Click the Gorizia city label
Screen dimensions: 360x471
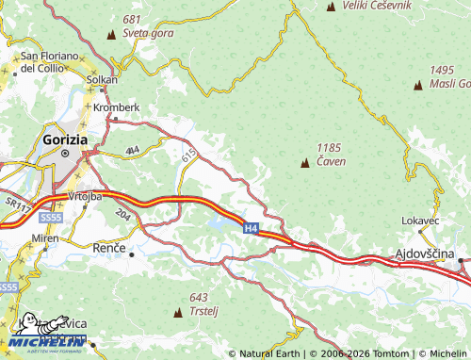[x=65, y=139]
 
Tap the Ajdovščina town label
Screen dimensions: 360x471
[x=423, y=254]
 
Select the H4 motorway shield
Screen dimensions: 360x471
[x=251, y=228]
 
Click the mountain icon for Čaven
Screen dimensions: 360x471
[x=304, y=164]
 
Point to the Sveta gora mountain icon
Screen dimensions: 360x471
[x=112, y=34]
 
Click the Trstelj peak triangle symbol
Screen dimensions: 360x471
[x=179, y=311]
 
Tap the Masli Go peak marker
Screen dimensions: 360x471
[x=417, y=85]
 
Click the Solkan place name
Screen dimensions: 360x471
[x=102, y=80]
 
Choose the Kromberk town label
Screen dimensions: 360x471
[x=117, y=107]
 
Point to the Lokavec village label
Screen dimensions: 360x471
[x=420, y=220]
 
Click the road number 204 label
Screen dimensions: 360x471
[x=122, y=215]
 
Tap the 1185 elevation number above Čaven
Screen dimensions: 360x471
[x=329, y=148]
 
